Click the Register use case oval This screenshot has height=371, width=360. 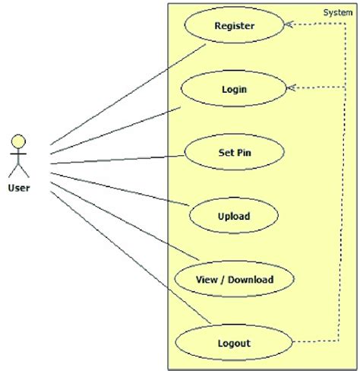(x=233, y=27)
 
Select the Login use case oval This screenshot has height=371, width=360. (x=233, y=89)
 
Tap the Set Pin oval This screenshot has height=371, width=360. (x=233, y=151)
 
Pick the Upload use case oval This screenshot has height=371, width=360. (x=233, y=215)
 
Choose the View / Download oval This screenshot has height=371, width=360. (x=233, y=279)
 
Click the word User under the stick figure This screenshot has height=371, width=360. (x=19, y=187)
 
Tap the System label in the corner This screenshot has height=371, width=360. (x=337, y=12)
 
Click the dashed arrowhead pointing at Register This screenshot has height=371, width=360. (x=289, y=25)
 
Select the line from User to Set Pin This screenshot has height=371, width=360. (x=114, y=159)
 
